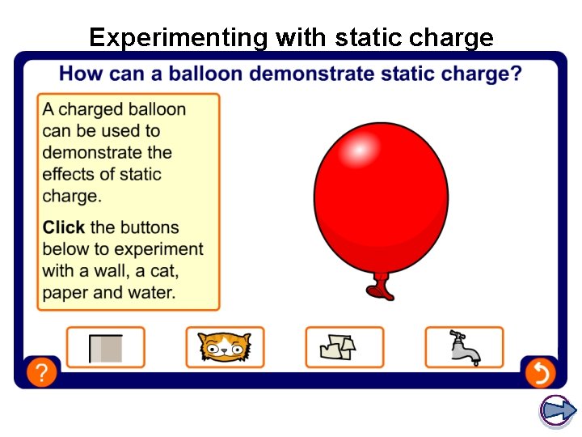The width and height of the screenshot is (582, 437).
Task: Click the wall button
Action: [x=105, y=347]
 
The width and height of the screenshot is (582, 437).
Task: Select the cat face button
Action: [x=225, y=347]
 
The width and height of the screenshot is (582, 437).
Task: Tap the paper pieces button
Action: [x=344, y=347]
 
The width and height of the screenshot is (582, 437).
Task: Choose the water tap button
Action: [x=464, y=347]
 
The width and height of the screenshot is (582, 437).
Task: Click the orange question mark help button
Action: [x=41, y=372]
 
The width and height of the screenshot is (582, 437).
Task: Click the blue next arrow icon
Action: [x=557, y=410]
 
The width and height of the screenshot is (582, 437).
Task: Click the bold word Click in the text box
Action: [x=64, y=227]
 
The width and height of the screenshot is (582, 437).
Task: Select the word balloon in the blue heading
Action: [x=205, y=74]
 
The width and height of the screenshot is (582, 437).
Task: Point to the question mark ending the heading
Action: [x=515, y=74]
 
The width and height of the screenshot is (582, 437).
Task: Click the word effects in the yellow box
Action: [x=69, y=175]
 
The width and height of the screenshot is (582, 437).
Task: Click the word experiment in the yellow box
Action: [x=158, y=249]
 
